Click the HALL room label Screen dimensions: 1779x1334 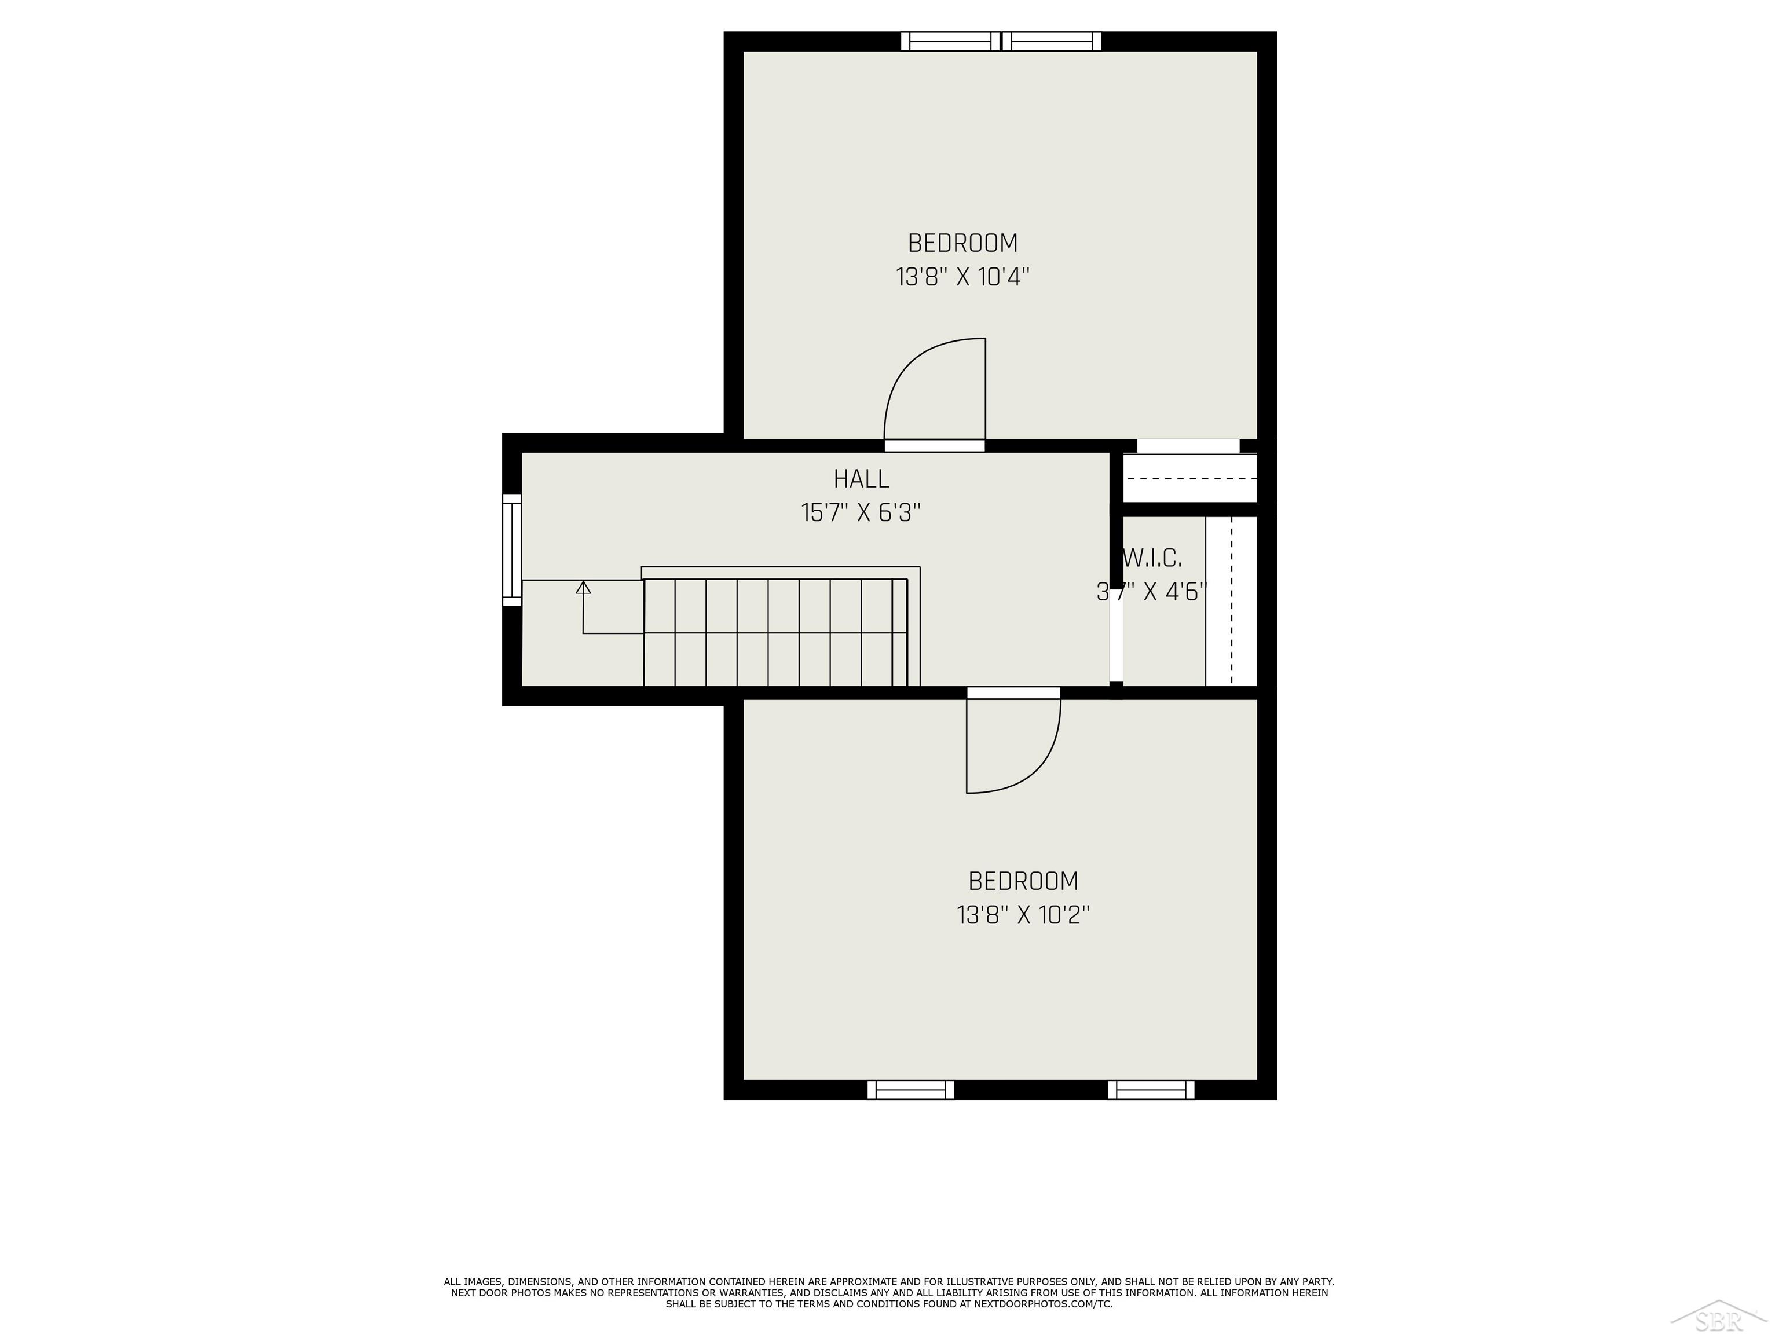click(x=861, y=479)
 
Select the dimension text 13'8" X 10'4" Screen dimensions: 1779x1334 click(x=962, y=277)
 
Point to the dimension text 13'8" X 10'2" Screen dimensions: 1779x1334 click(x=1023, y=915)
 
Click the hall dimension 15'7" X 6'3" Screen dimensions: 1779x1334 click(x=861, y=512)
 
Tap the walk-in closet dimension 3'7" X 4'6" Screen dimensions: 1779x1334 click(x=1152, y=592)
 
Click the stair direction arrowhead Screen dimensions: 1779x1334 click(x=584, y=588)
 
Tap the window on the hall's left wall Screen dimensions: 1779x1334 click(x=513, y=550)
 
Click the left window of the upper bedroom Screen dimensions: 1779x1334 click(x=950, y=41)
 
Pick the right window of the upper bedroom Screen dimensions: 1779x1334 click(x=1052, y=41)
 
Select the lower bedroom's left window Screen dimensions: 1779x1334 click(x=910, y=1090)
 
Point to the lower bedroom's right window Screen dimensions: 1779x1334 click(x=1151, y=1090)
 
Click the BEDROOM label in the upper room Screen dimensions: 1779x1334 click(x=962, y=243)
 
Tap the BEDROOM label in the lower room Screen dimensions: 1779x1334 click(x=1023, y=881)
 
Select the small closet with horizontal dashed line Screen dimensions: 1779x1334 click(x=1189, y=478)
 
